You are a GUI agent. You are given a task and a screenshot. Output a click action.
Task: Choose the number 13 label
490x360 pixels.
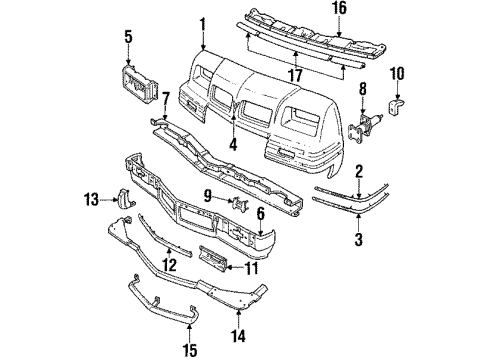pos(90,199)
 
